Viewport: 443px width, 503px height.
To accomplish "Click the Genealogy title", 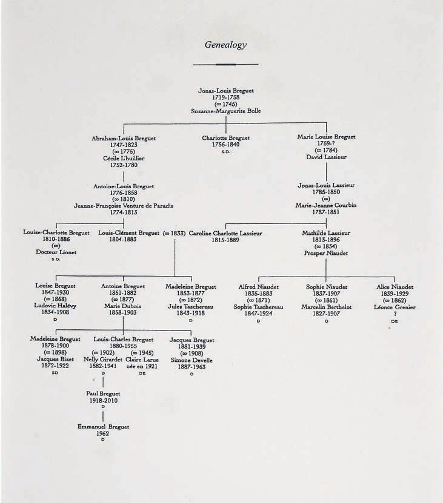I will point(225,44).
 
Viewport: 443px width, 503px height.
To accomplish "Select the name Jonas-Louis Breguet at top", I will point(226,91).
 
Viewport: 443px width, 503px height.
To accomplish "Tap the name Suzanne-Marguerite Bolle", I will point(226,111).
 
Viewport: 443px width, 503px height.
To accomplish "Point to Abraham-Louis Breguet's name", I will point(124,138).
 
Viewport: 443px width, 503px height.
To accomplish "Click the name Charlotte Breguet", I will point(226,138).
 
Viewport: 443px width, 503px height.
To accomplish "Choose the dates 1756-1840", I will point(226,145).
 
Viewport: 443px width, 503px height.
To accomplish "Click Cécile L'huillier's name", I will point(124,158).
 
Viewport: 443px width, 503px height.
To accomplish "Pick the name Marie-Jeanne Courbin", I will point(327,206).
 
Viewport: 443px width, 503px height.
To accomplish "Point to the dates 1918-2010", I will point(103,400).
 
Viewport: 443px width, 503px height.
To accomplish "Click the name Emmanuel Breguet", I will point(103,427).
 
